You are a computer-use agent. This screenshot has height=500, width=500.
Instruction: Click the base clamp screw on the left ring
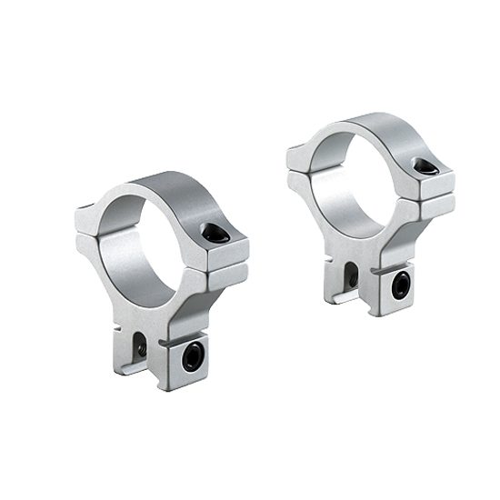coord(192,356)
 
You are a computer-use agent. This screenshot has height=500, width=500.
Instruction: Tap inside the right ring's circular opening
coord(355,177)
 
